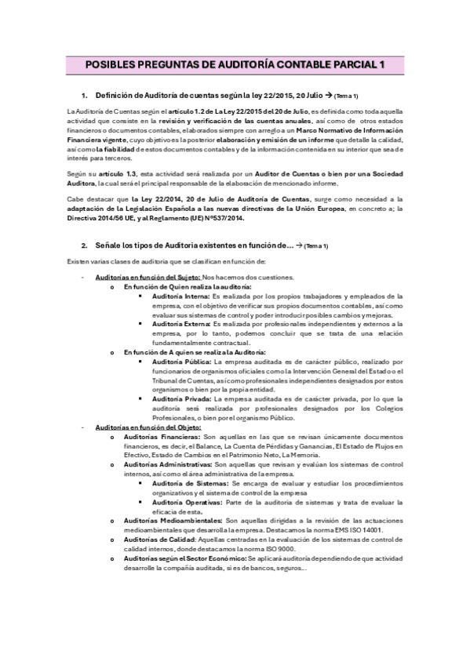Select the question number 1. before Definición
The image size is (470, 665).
point(86,95)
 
